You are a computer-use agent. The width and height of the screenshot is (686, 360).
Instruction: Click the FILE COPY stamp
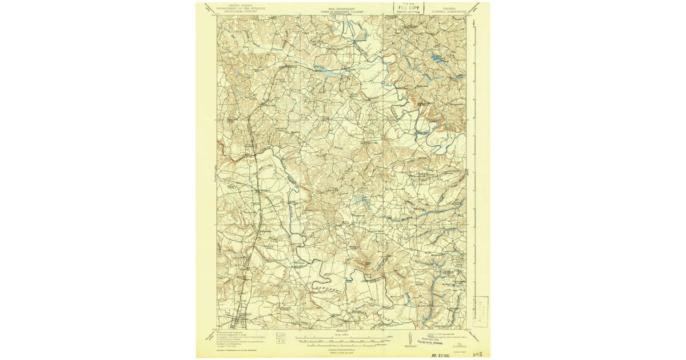408,8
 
